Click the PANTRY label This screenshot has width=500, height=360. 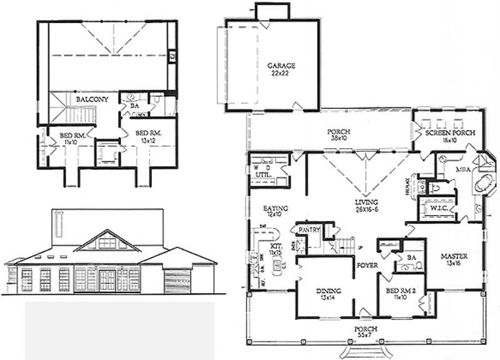coord(309,230)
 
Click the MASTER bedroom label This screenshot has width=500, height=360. coord(449,256)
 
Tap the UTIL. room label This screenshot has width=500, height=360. coord(263,177)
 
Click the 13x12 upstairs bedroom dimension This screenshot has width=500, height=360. coord(149,140)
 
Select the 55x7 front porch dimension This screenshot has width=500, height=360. coord(358,335)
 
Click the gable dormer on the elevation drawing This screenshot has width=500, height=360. coord(108,239)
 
